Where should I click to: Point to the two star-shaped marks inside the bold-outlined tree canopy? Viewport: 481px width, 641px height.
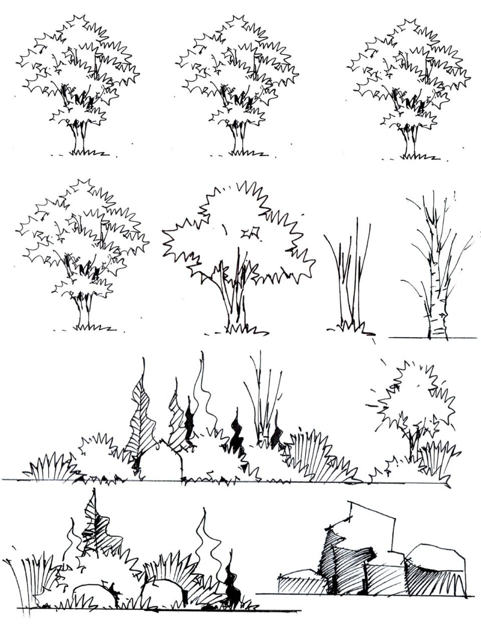pyautogui.click(x=249, y=233)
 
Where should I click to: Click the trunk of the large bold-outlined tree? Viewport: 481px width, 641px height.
pyautogui.click(x=233, y=305)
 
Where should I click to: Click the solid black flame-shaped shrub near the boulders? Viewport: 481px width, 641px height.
pyautogui.click(x=231, y=586)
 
